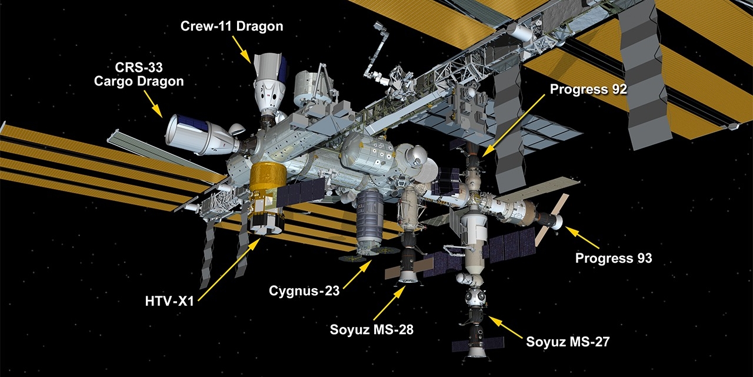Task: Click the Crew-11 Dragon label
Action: click(x=231, y=27)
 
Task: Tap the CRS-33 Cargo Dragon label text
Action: click(x=139, y=74)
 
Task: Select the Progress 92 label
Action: click(x=588, y=89)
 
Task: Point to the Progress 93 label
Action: click(x=614, y=258)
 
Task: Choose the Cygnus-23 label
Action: click(x=304, y=290)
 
